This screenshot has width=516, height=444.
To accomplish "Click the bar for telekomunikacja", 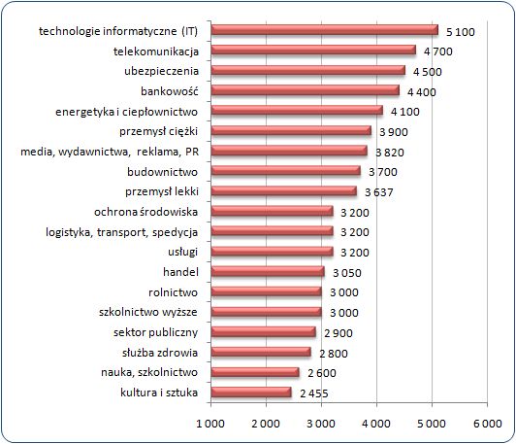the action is (313, 51).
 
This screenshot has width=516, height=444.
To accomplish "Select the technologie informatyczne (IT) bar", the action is (325, 30).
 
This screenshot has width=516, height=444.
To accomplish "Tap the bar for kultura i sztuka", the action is (251, 393).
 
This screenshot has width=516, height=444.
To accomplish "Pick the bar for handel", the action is (268, 272).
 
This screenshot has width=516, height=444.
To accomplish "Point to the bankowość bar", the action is (306, 90).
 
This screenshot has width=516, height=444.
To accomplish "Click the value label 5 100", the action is (461, 32).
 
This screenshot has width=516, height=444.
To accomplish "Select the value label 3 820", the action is (390, 153).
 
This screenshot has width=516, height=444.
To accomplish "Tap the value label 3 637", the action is (379, 192).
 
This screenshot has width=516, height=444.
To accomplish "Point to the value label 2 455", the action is (314, 393).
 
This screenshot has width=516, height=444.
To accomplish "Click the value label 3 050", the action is (347, 273).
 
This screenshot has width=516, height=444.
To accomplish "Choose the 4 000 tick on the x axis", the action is (376, 424).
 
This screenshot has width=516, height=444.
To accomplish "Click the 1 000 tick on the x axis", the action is (210, 424).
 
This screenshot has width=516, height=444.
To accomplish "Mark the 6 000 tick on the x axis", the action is (487, 424).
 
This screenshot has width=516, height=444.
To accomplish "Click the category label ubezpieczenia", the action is (162, 71).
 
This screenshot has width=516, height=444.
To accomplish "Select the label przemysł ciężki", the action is (159, 131).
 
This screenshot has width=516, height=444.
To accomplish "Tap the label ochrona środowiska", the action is (146, 212).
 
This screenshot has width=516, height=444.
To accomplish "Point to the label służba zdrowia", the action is (160, 353).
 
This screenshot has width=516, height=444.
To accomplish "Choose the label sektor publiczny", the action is (155, 332).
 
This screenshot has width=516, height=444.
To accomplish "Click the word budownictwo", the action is (163, 172).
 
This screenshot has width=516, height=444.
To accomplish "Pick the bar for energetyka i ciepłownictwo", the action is (297, 111).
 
